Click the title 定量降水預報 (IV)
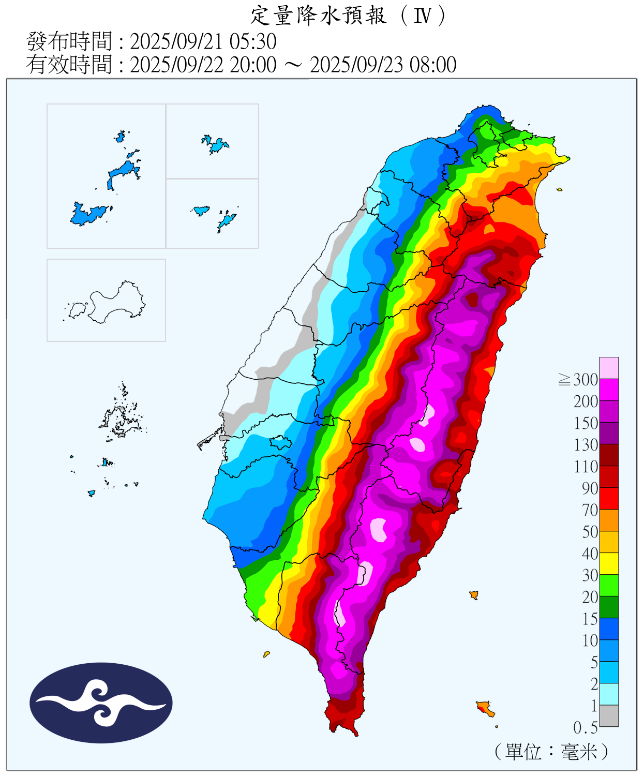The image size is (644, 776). [x=348, y=16]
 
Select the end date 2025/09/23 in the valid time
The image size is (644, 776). [x=357, y=65]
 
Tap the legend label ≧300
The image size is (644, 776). [x=578, y=380]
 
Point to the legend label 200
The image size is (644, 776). [x=586, y=401]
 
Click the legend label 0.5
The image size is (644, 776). [x=585, y=727]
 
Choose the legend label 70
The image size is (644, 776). [x=590, y=510]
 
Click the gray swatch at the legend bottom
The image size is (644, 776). [x=609, y=715]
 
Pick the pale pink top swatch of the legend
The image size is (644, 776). [x=609, y=368]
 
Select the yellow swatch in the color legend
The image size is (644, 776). [x=609, y=563]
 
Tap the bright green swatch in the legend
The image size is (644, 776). [x=609, y=585]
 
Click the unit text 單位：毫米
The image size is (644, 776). [x=551, y=751]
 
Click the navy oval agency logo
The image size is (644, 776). [x=101, y=703]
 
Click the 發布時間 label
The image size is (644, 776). [x=69, y=41]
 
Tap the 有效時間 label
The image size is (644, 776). [x=69, y=65]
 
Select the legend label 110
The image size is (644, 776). [x=586, y=467]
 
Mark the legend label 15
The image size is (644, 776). [x=590, y=619]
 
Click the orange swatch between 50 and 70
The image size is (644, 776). [x=609, y=520]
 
